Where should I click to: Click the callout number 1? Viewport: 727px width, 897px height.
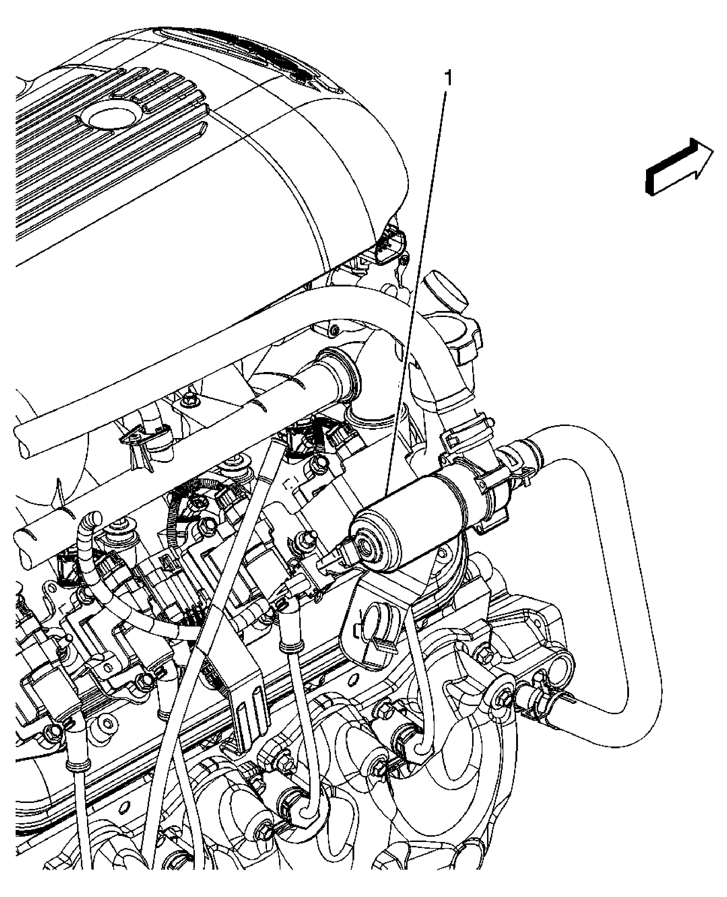pyautogui.click(x=448, y=78)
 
